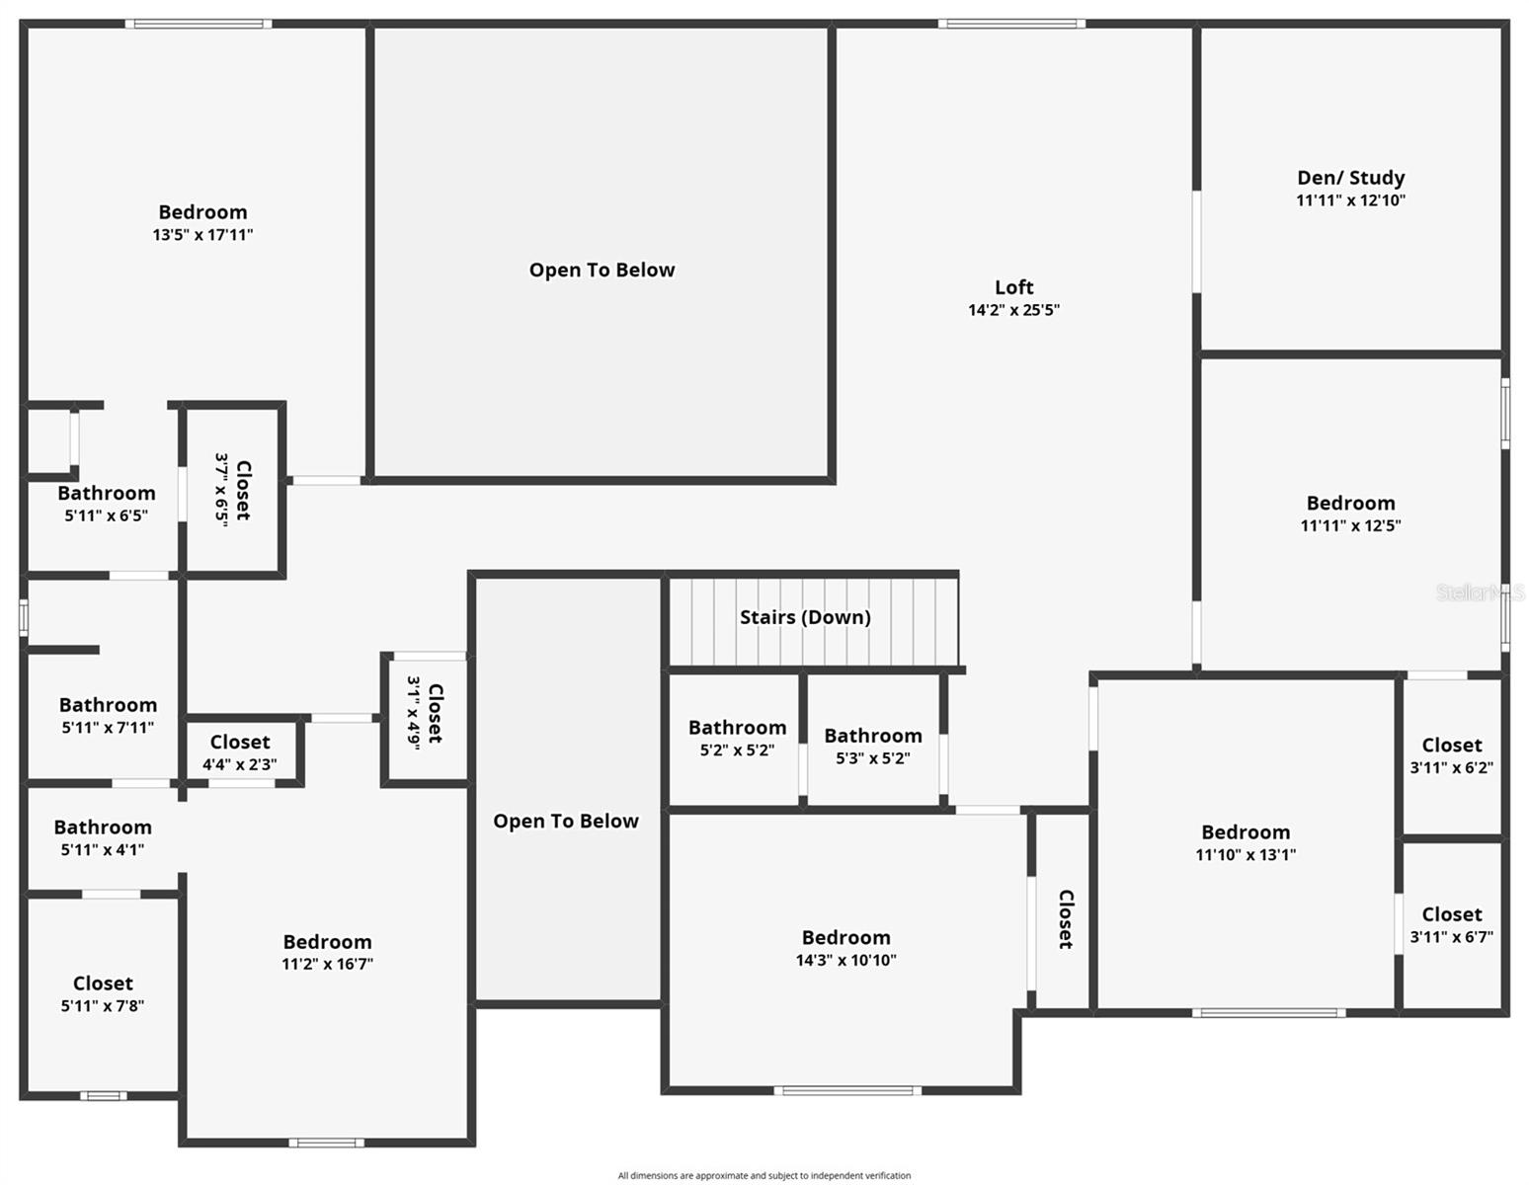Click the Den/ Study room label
tap(1350, 178)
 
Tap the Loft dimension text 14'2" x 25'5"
tap(1013, 310)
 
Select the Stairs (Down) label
tap(805, 617)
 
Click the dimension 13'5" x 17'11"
tap(202, 235)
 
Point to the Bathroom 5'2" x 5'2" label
tap(737, 728)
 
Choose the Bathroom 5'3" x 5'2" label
tap(873, 736)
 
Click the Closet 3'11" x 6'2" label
tap(1451, 746)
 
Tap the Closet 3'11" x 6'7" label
tap(1451, 914)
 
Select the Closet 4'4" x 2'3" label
tap(239, 742)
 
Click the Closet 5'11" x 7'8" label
tap(103, 984)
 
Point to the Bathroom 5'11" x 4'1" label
tap(103, 828)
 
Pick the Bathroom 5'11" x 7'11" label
tap(108, 705)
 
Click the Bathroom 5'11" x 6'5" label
tap(107, 494)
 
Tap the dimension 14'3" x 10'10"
tap(845, 960)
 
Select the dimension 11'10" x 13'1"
tap(1246, 855)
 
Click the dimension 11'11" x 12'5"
tap(1350, 526)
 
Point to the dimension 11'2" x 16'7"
tap(327, 964)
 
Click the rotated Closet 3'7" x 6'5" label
tap(242, 490)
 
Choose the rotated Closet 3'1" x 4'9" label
tap(435, 713)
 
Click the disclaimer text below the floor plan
tap(764, 1175)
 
